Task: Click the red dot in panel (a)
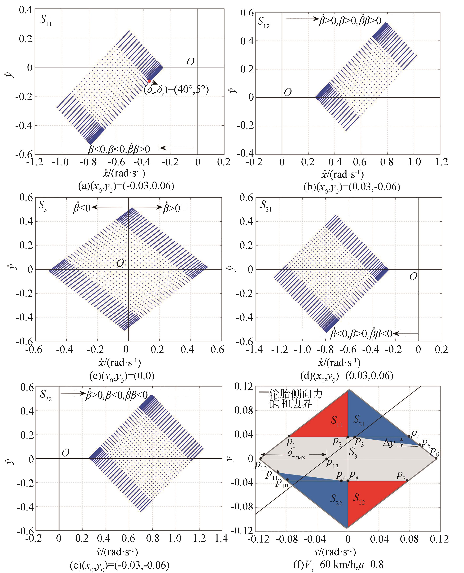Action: pos(149,81)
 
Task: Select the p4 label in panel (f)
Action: pos(415,433)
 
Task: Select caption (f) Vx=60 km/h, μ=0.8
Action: pos(338,565)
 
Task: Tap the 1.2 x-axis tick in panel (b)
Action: pos(441,162)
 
